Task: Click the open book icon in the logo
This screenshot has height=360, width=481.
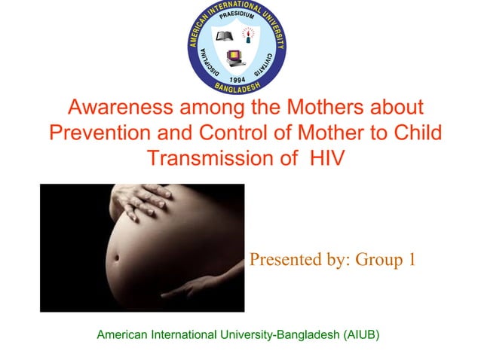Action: coord(224,36)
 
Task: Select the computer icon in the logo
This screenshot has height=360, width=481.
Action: coord(235,56)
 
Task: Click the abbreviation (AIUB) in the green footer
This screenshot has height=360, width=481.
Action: coord(360,332)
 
